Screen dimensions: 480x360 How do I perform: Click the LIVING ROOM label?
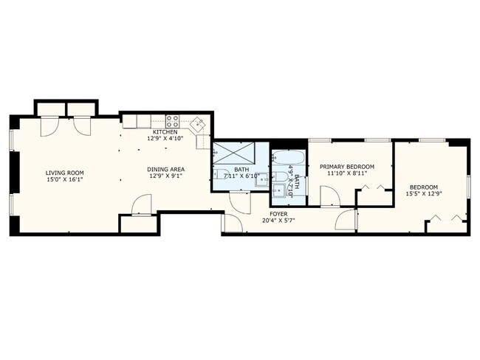coord(64,173)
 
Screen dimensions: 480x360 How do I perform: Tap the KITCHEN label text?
coord(165,132)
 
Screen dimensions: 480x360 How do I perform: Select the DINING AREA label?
coord(166,169)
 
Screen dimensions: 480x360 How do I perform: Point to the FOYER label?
coord(278,214)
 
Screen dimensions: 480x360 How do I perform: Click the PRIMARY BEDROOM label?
coord(347,167)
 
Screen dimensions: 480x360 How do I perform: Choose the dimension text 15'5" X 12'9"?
coord(424,193)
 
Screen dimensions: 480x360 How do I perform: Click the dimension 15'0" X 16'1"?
coord(64,179)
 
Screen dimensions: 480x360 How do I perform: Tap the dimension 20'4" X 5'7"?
coord(278,221)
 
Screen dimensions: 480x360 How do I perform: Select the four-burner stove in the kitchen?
coord(172,122)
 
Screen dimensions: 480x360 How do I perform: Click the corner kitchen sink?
coord(198,124)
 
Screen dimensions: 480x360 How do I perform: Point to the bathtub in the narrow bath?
coord(288,158)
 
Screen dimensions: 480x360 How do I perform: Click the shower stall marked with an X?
coord(234,151)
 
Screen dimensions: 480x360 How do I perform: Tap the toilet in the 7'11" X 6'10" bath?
coord(221,174)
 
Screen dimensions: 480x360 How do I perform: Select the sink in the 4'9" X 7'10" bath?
coord(279,190)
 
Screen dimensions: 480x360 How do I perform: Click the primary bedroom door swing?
coord(330,196)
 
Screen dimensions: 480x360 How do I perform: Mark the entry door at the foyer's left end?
coord(233,223)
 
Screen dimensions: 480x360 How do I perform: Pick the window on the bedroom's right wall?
coord(468,186)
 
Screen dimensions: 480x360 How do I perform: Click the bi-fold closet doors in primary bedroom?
coord(373,188)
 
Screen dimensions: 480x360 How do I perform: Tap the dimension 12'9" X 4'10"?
coord(165,138)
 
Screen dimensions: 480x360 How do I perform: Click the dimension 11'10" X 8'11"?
coord(347,173)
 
